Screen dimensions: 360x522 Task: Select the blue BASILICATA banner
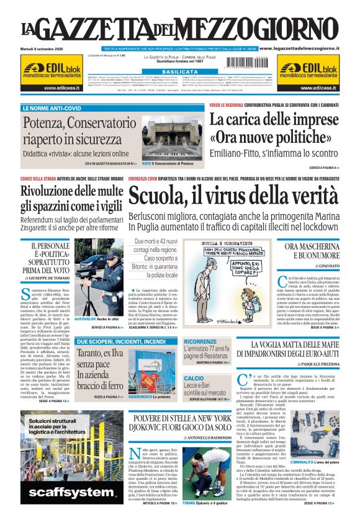179,72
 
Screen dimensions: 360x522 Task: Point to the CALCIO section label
194,377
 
